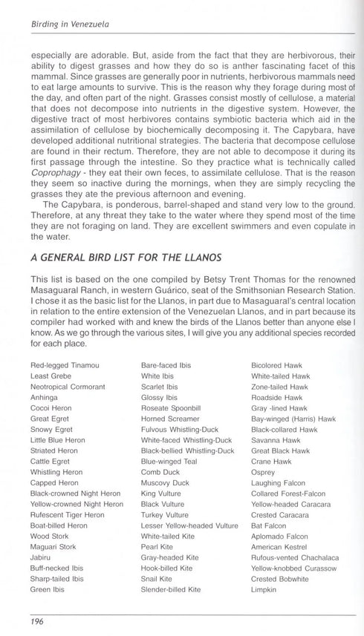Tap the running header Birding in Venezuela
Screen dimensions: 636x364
[70, 24]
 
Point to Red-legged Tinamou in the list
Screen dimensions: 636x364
[65, 366]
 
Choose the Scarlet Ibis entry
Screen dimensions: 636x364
[159, 387]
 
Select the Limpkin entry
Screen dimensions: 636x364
[264, 589]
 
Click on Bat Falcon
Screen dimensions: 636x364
[268, 525]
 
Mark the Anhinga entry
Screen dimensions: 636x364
[44, 398]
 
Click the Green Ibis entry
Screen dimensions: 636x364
[46, 589]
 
